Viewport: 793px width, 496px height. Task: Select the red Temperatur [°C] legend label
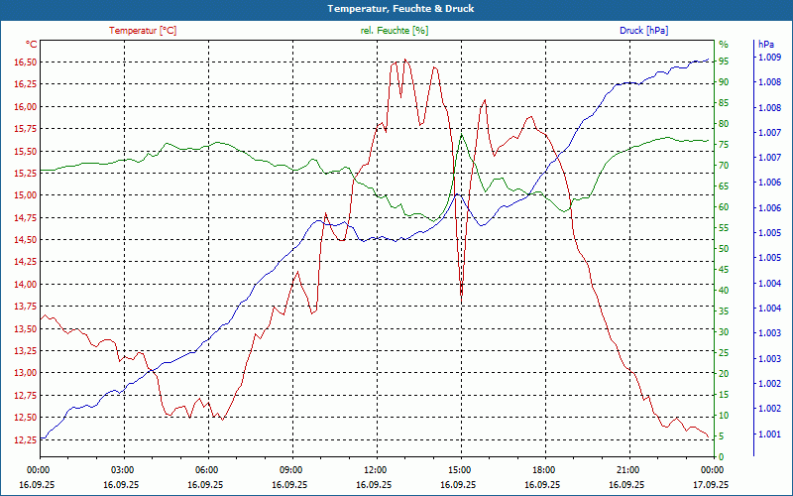point(143,31)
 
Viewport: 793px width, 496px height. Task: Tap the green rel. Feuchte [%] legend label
point(395,31)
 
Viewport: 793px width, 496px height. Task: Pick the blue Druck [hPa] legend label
point(643,31)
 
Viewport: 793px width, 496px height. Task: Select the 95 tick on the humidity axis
point(724,61)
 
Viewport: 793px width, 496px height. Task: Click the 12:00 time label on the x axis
point(376,469)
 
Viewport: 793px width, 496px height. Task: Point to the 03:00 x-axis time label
point(123,469)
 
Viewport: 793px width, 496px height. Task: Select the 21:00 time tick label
point(627,469)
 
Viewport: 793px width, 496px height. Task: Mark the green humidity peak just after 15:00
point(462,135)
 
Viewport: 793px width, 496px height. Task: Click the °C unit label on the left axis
point(31,45)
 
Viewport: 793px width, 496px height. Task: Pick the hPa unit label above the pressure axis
point(765,45)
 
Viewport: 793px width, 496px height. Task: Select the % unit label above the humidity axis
point(723,45)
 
